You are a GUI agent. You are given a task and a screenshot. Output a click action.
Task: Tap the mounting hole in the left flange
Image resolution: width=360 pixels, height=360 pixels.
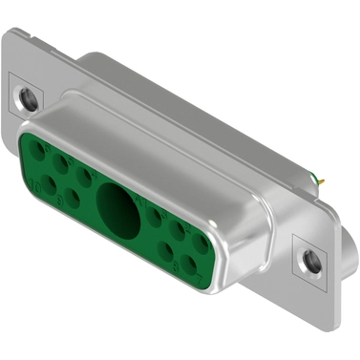[27, 96]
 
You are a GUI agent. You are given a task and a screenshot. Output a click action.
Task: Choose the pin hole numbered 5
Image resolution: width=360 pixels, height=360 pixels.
[62, 162]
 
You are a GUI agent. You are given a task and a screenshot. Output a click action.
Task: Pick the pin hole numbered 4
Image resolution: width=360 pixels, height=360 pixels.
[85, 176]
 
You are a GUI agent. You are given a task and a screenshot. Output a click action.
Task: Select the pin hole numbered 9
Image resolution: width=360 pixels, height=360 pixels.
[73, 199]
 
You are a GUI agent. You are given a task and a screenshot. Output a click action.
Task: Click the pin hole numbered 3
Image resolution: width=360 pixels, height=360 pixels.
[155, 218]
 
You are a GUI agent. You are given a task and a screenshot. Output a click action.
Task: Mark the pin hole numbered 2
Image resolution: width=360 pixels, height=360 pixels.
[178, 231]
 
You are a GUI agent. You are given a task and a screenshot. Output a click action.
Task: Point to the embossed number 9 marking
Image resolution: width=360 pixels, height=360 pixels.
[59, 202]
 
